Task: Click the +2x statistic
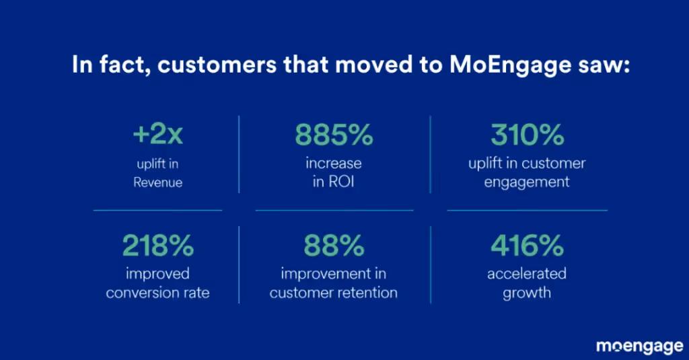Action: click(x=157, y=135)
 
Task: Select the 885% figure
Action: click(x=334, y=135)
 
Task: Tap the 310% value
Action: click(x=527, y=135)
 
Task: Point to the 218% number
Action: click(x=157, y=246)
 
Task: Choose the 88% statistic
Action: click(x=334, y=246)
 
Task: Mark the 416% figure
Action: click(x=527, y=246)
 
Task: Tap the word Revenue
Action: click(x=157, y=182)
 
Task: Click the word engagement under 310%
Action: click(x=527, y=182)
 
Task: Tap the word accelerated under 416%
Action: click(x=527, y=274)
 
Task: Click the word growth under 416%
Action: click(x=527, y=293)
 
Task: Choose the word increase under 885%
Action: click(x=334, y=164)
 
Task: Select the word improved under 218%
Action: click(x=157, y=274)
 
